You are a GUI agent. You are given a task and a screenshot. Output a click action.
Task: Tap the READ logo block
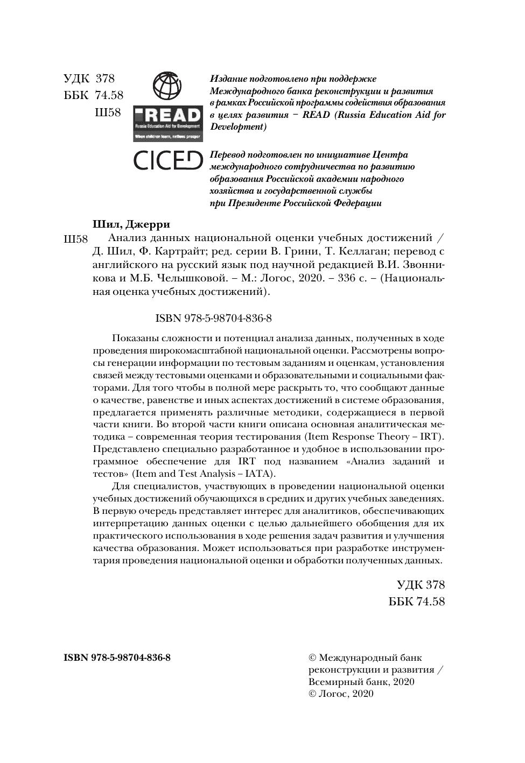[167, 123]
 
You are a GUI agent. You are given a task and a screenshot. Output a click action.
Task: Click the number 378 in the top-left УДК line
[105, 79]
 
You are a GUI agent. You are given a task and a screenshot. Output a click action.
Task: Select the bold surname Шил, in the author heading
[107, 224]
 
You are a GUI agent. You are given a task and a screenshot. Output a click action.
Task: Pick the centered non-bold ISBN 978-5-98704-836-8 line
[213, 318]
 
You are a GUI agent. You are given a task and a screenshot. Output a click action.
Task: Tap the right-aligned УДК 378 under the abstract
[421, 584]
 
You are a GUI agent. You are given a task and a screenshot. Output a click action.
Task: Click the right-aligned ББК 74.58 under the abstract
[417, 601]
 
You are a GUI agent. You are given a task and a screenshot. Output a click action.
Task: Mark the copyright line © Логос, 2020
[340, 694]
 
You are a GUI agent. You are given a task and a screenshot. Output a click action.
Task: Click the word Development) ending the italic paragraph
[237, 127]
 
